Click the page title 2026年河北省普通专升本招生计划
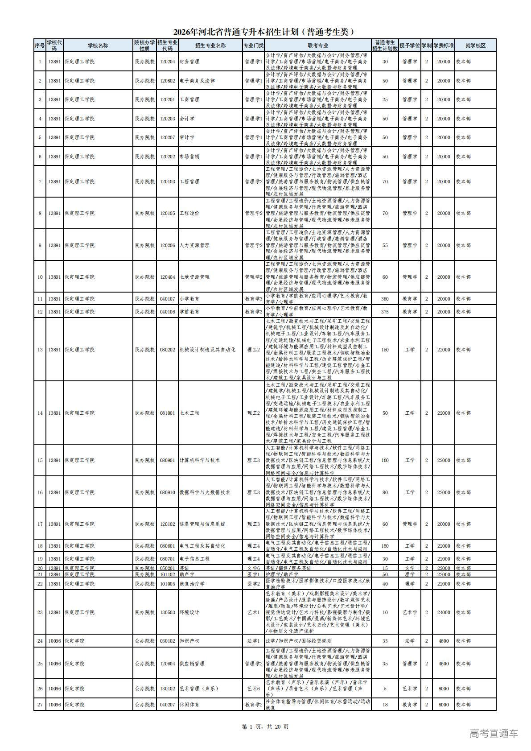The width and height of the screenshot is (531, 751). tap(265, 32)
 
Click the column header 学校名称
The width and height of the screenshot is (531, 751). tap(98, 45)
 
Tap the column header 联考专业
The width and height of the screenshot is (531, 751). tap(317, 45)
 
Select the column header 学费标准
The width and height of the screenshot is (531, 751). tap(443, 45)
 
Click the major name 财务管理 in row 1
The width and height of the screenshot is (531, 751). tap(189, 62)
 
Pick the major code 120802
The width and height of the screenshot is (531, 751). tap(167, 81)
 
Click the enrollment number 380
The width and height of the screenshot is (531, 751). tap(385, 299)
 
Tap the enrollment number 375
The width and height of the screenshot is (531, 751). tap(385, 312)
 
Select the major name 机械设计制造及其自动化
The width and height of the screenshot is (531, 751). tap(207, 350)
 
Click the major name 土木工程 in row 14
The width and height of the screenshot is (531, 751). tap(189, 413)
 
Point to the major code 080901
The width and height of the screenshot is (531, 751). tap(167, 460)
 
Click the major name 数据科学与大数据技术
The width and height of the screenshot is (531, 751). tap(204, 492)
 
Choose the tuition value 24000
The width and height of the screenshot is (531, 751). tap(443, 612)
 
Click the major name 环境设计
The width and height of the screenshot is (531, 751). tap(189, 612)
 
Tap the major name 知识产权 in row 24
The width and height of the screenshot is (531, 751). tap(189, 641)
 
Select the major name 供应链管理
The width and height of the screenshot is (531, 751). tap(192, 664)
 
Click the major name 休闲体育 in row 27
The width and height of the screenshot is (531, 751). tap(189, 705)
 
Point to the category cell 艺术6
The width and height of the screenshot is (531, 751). tap(253, 689)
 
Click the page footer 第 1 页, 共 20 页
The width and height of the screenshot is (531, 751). tap(265, 726)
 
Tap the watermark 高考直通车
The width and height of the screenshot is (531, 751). tap(494, 733)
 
